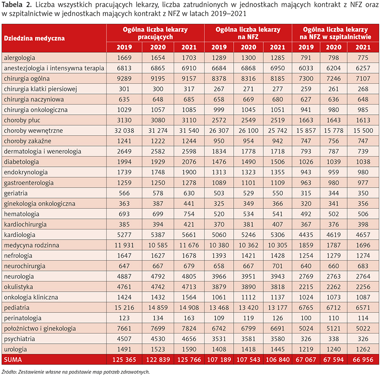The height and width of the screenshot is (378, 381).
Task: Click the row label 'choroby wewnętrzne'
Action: [x=33, y=131]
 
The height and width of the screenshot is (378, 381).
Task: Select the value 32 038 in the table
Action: [x=124, y=131]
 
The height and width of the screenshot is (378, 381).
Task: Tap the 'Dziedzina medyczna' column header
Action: [x=34, y=38]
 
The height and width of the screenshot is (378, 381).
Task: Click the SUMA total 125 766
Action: [x=189, y=359]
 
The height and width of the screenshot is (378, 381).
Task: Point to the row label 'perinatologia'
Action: [x=22, y=318]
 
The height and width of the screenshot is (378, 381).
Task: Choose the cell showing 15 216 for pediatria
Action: [x=124, y=308]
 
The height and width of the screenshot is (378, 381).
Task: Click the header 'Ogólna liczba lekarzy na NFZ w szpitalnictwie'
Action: [x=335, y=33]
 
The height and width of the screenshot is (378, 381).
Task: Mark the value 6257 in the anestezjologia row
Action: [x=363, y=68]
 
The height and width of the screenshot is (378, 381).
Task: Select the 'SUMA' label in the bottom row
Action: [x=13, y=359]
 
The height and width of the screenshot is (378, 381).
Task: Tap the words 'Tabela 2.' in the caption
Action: [x=17, y=5]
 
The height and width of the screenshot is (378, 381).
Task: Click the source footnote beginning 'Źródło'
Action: [x=76, y=372]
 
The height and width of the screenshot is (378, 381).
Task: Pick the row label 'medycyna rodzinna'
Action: [x=31, y=245]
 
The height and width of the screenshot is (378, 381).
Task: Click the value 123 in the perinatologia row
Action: [x=124, y=318]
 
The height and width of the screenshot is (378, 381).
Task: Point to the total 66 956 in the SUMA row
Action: [x=363, y=359]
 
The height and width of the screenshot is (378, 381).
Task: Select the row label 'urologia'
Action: [x=15, y=349]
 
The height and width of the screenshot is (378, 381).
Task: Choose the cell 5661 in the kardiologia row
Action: [x=189, y=235]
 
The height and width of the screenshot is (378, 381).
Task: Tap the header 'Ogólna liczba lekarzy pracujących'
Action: [x=155, y=33]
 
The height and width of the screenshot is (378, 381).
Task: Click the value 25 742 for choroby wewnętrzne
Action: [x=277, y=131]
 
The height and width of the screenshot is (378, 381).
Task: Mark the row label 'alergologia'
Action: [x=19, y=58]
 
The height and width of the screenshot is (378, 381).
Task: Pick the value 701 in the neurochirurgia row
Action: [x=277, y=266]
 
